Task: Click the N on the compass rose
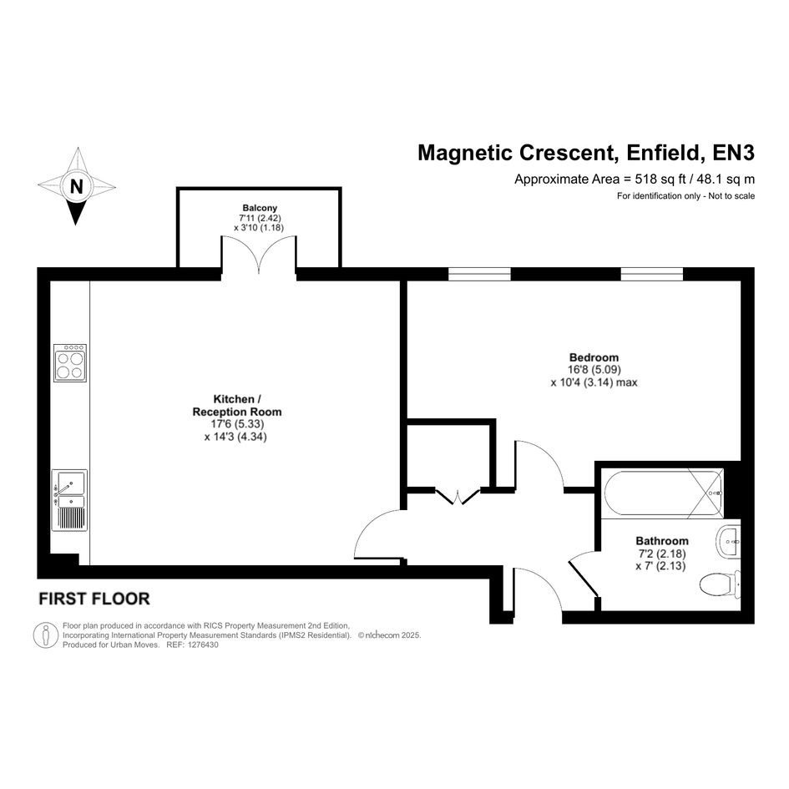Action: [77, 187]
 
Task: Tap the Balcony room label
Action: [260, 208]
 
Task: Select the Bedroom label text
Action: [594, 357]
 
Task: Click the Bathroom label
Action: [662, 541]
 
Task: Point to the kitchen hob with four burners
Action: [70, 363]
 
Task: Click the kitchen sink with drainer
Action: [69, 500]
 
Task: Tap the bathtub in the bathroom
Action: [664, 493]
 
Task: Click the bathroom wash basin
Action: [728, 542]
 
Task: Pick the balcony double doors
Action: [259, 255]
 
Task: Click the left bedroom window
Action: [479, 274]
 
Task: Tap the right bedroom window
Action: [651, 274]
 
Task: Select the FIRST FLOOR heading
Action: [94, 599]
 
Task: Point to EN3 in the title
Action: [734, 153]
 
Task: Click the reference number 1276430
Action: [203, 645]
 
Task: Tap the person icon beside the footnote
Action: [46, 635]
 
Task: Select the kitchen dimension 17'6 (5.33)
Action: [237, 424]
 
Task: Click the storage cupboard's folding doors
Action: [458, 496]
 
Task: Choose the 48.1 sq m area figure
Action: [726, 180]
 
